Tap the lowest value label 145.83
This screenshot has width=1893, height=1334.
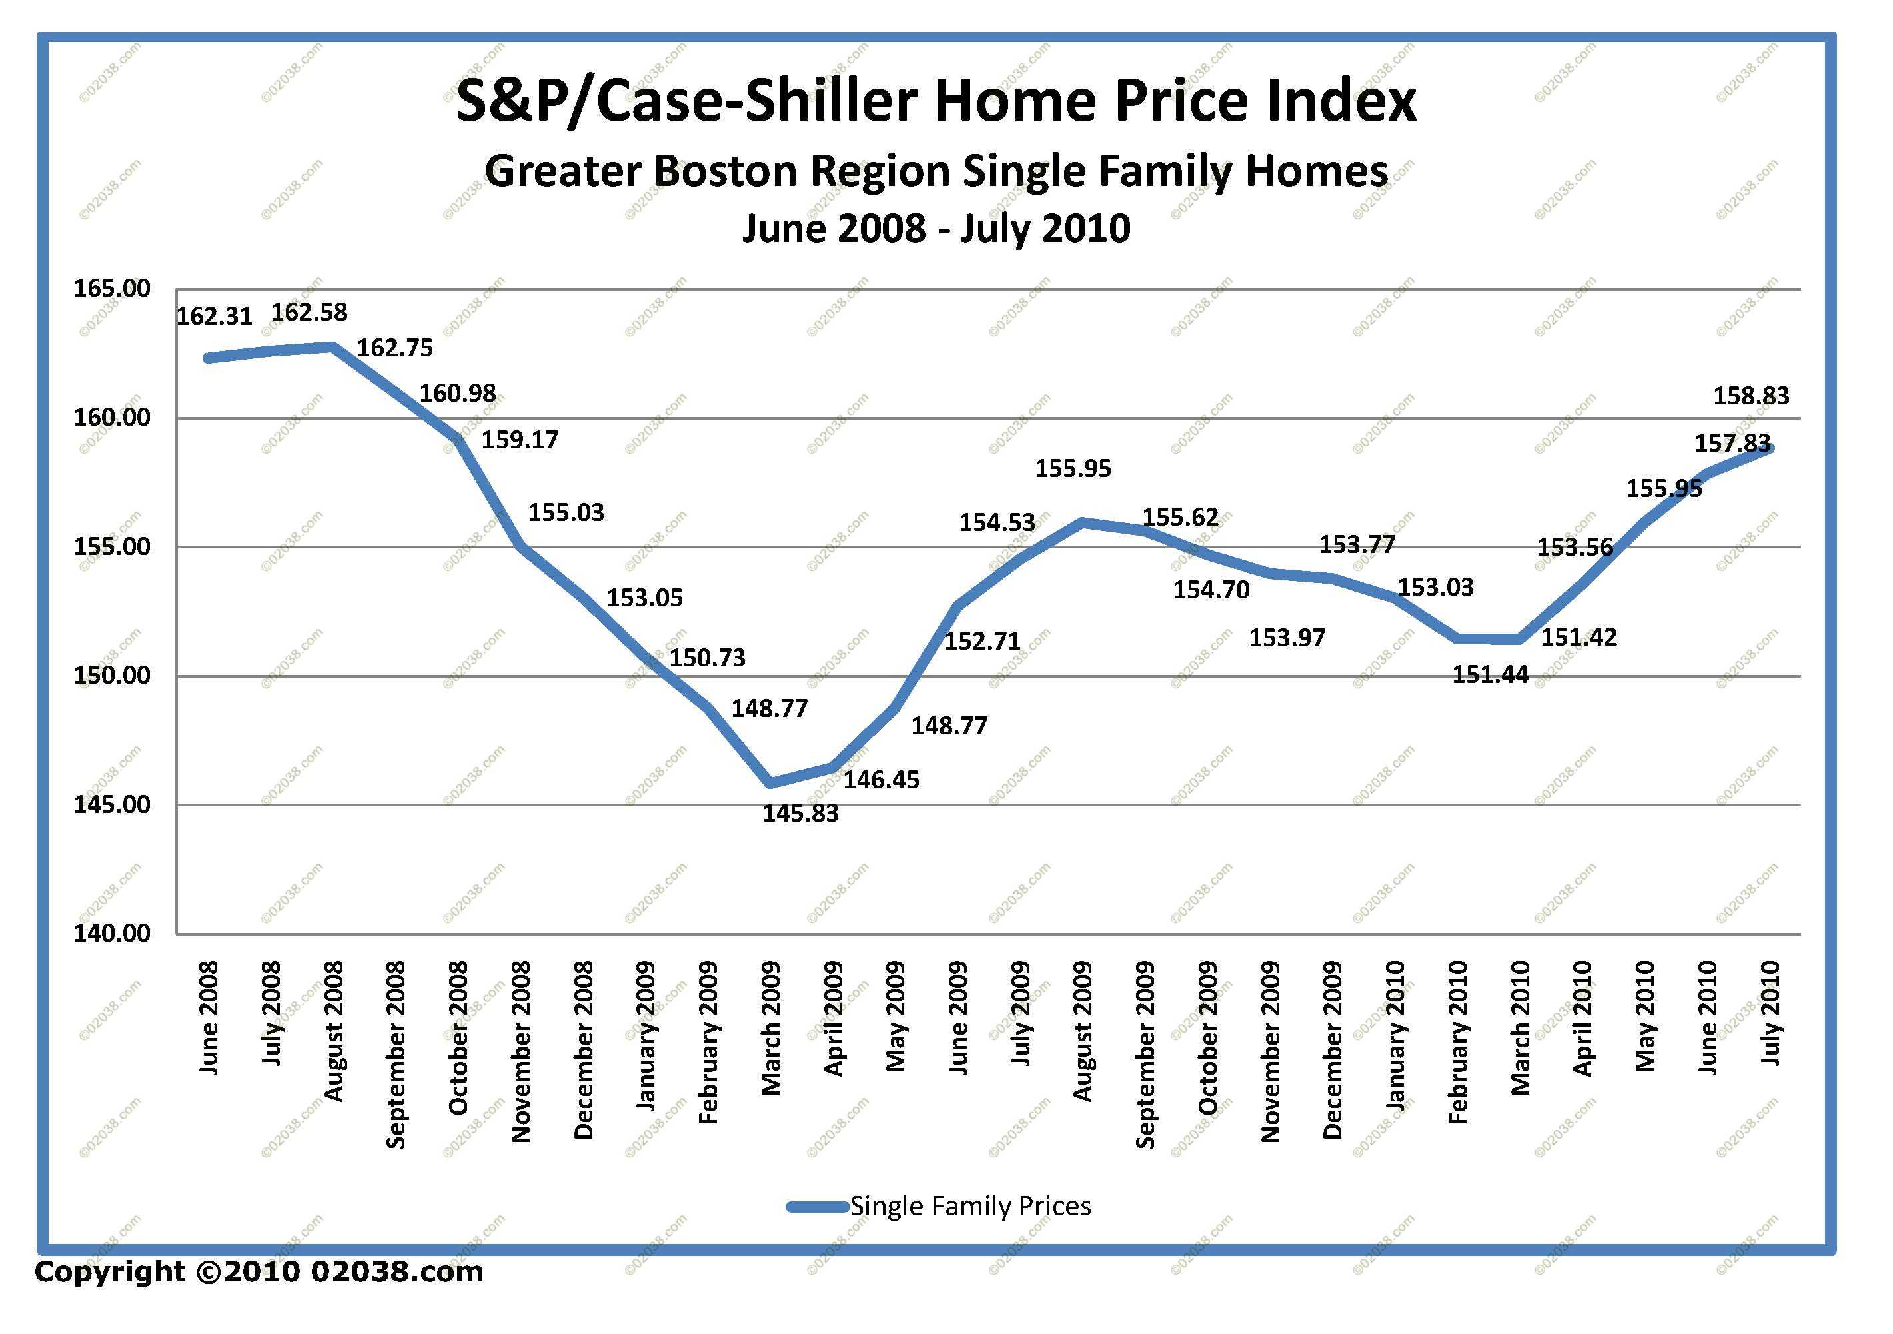800,814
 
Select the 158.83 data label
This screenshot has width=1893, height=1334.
1751,396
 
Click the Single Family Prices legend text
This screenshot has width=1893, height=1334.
970,1206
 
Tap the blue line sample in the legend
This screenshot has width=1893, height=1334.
817,1207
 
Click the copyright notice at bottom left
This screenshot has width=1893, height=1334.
259,1272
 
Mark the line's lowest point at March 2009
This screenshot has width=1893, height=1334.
771,782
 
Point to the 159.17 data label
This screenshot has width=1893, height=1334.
520,439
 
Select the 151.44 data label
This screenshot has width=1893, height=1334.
1490,675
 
